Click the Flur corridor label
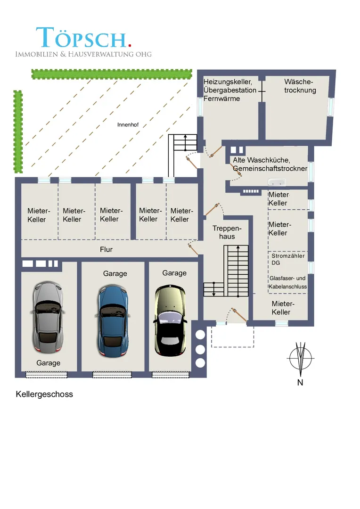[106, 249]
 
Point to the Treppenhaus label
[223, 232]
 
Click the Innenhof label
[127, 125]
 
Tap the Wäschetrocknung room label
[300, 86]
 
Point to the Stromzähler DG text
[288, 259]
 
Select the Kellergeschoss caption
[44, 394]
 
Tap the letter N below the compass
[300, 382]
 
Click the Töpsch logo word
[81, 38]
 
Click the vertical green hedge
[18, 131]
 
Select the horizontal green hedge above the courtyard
[112, 74]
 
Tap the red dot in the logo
[129, 45]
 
